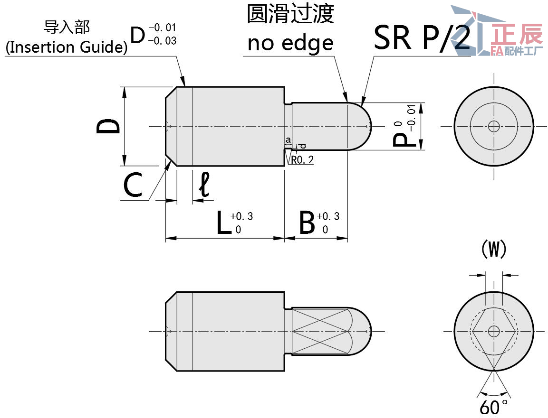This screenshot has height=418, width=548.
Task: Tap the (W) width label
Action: click(x=494, y=249)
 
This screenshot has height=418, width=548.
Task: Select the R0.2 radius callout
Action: click(x=302, y=160)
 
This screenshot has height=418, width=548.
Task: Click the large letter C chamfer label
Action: click(x=133, y=186)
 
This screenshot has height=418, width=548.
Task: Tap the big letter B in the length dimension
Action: click(x=308, y=223)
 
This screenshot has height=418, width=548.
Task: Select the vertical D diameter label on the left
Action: click(x=108, y=126)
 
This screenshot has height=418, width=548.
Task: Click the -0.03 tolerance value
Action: click(x=162, y=41)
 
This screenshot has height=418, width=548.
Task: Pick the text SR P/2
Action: click(x=422, y=38)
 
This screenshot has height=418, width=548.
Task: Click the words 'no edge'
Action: click(x=290, y=43)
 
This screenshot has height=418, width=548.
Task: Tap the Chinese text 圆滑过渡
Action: click(x=290, y=14)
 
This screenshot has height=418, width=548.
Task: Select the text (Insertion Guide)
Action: click(x=67, y=47)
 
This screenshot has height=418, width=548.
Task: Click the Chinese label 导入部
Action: click(x=66, y=27)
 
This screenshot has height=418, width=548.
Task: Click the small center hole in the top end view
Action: click(x=494, y=126)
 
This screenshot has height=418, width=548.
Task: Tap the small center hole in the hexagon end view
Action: click(x=494, y=331)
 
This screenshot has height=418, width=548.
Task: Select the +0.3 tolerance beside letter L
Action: click(x=241, y=216)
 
